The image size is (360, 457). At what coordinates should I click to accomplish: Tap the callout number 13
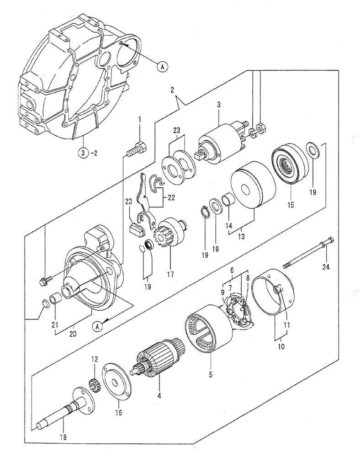pyautogui.click(x=241, y=236)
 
